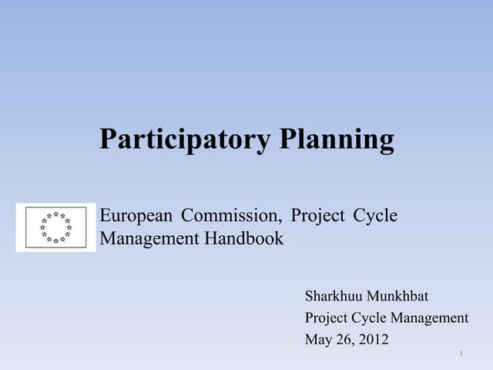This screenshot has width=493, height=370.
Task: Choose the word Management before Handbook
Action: coord(149,239)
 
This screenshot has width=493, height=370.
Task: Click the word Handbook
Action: coord(244,239)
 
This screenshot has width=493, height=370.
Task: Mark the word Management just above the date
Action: coord(430,318)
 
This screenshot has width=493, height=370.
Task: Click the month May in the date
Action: coord(317,339)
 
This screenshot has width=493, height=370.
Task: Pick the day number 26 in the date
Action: coord(343,339)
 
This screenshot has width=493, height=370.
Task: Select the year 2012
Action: coord(372,339)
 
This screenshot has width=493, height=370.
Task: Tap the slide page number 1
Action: coord(460,353)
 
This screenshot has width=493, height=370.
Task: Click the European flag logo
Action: coord(55,227)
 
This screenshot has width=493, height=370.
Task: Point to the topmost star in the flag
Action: coord(56,214)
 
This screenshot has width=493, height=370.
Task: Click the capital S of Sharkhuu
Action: coord(309,296)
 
